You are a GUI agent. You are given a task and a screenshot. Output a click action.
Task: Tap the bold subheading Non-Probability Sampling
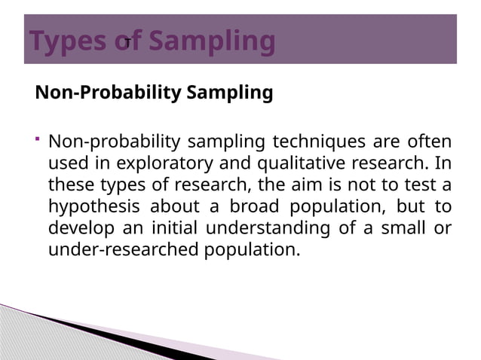point(154,93)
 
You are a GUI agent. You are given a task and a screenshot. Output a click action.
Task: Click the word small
point(399,228)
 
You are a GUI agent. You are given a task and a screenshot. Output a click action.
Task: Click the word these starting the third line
point(69,185)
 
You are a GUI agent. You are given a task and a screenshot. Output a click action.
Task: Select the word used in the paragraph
point(66,163)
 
